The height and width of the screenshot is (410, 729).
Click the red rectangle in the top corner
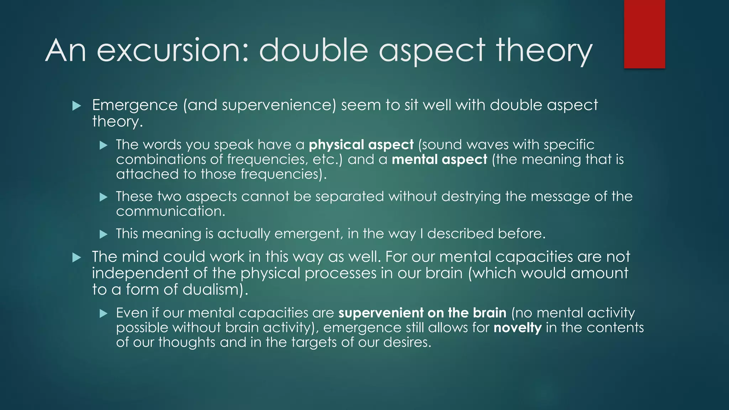[644, 34]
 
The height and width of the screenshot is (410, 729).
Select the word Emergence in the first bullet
[135, 105]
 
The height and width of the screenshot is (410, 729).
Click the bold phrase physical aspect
[361, 145]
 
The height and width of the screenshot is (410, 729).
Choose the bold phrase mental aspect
[439, 159]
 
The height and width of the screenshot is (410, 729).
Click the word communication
[171, 211]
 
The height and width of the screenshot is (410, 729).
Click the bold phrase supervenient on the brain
[422, 313]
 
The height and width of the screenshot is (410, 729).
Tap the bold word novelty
[518, 327]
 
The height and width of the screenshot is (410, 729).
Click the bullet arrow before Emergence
[77, 106]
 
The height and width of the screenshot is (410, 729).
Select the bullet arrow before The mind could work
[77, 257]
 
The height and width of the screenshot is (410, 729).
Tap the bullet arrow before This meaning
[103, 234]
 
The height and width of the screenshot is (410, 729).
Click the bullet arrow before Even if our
[103, 313]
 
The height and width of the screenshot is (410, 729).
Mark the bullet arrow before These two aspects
[103, 197]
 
